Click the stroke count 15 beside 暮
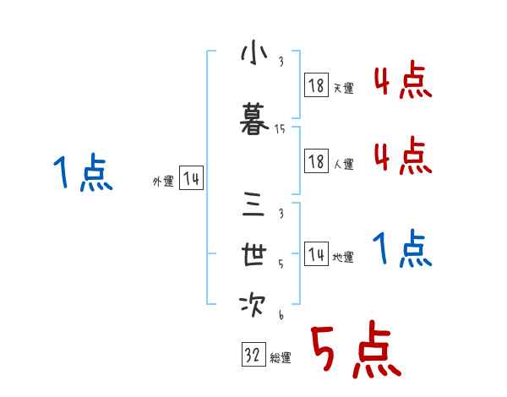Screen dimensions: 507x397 click(x=280, y=129)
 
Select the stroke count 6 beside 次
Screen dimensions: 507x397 click(x=280, y=314)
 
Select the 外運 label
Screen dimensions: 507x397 click(x=162, y=182)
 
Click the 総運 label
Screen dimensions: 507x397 click(x=281, y=358)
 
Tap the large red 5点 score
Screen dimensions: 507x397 click(x=355, y=351)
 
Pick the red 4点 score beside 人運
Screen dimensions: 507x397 click(x=402, y=155)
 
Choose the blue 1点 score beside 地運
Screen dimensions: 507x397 click(x=402, y=249)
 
